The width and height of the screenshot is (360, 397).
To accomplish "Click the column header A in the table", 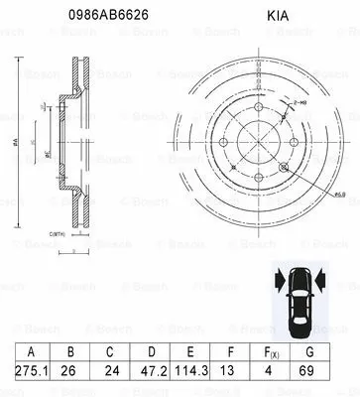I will tap(32, 351).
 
